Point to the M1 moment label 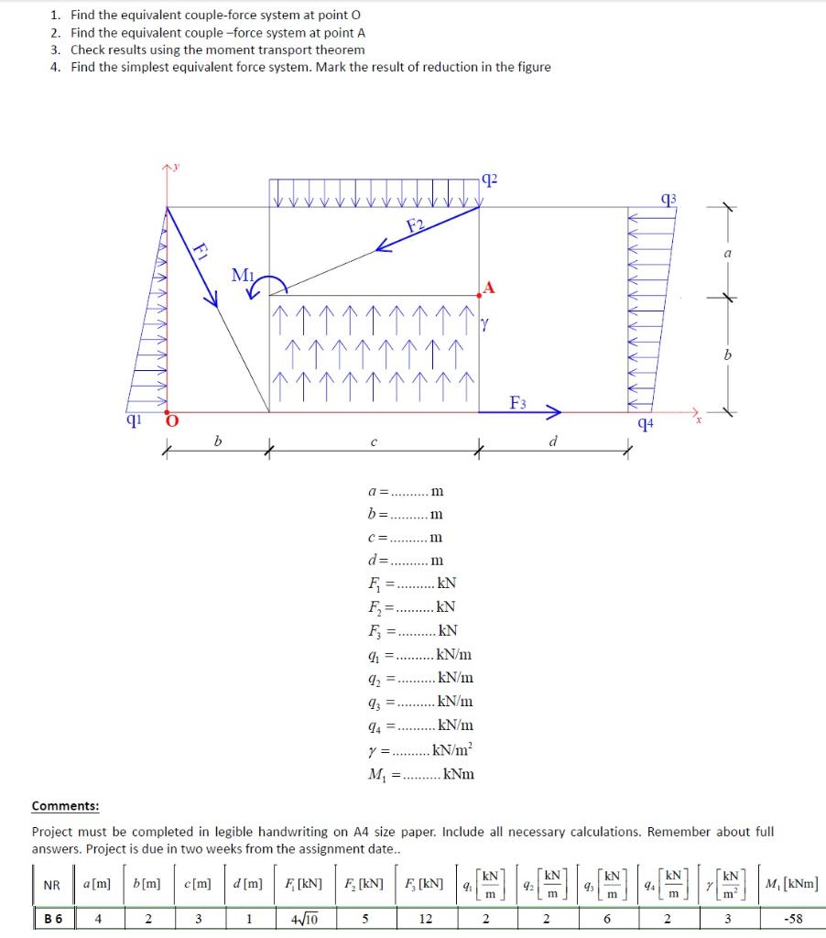click(x=243, y=274)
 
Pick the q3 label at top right click(x=670, y=199)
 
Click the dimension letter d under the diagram click(x=552, y=442)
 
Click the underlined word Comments click(x=65, y=806)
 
